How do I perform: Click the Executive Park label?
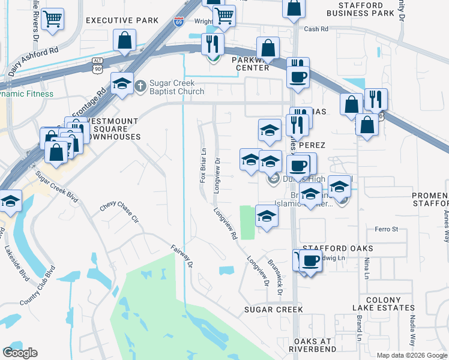[x=121, y=20]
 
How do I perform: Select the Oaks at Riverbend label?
[x=310, y=345]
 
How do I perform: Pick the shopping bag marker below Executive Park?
[x=124, y=41]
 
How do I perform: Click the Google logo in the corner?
[x=20, y=353]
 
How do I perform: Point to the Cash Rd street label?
[x=316, y=29]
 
